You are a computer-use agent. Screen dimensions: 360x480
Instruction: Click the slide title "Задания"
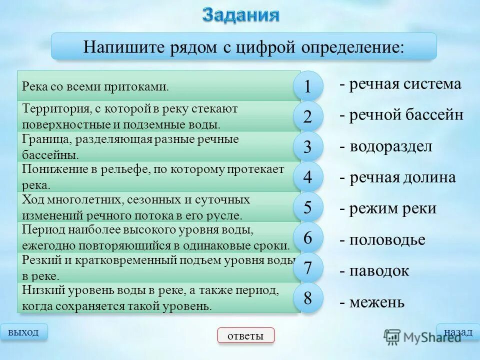point(240,14)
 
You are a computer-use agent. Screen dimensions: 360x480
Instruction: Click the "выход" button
point(24,332)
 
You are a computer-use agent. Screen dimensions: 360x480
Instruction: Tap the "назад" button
point(458,332)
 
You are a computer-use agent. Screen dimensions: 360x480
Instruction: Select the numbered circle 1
point(307,87)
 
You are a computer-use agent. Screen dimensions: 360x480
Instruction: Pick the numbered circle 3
point(307,147)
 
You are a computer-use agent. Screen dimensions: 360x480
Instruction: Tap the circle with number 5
point(307,207)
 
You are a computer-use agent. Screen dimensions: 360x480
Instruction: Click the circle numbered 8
point(307,298)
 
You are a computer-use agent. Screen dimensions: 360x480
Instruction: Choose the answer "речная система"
point(405,84)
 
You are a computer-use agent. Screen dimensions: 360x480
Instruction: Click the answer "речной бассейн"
point(406,115)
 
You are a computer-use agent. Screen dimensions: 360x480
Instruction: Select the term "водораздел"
point(390,146)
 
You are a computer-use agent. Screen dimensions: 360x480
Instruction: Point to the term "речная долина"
point(402,177)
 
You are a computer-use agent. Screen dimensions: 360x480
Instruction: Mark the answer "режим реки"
point(392,208)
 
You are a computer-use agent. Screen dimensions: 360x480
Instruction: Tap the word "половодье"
point(387,240)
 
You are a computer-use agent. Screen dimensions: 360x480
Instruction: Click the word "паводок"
point(379,271)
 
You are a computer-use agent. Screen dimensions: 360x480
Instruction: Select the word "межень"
point(377,302)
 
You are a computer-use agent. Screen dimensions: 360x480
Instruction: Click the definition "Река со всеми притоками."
point(95,86)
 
